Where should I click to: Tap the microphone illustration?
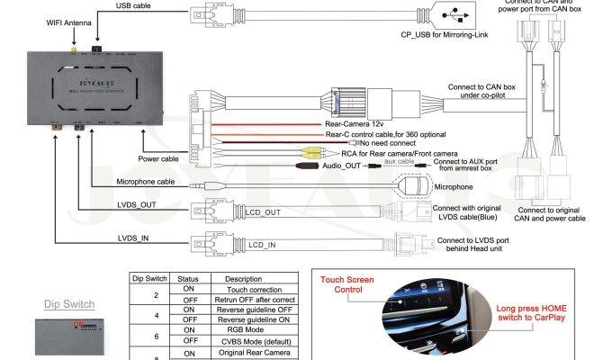click(x=416, y=186)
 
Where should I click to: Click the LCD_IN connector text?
click(x=262, y=244)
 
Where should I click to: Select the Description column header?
click(x=243, y=279)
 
